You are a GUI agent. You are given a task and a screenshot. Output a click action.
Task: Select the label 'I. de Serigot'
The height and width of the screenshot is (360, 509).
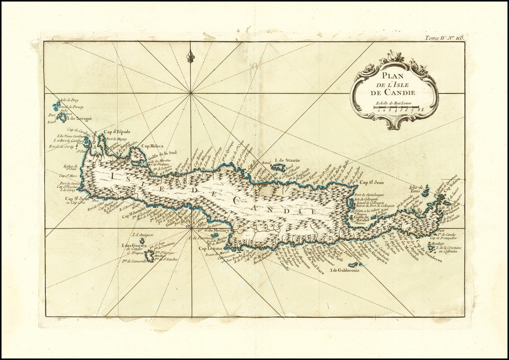(79, 119)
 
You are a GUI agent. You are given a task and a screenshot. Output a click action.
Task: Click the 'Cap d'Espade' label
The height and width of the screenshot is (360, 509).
(116, 132)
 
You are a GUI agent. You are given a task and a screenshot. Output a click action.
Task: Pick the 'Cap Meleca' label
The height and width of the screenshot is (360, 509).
(153, 146)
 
